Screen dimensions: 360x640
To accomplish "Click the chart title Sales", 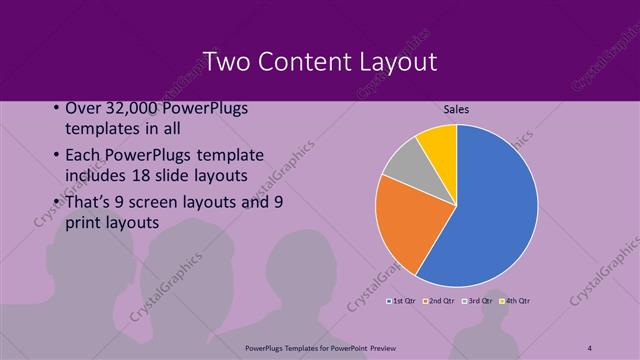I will pyautogui.click(x=456, y=109).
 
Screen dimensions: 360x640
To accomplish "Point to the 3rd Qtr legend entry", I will pyautogui.click(x=478, y=300).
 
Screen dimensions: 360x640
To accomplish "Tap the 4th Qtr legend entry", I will pyautogui.click(x=516, y=300).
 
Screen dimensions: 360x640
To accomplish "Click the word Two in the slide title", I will pyautogui.click(x=226, y=62).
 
